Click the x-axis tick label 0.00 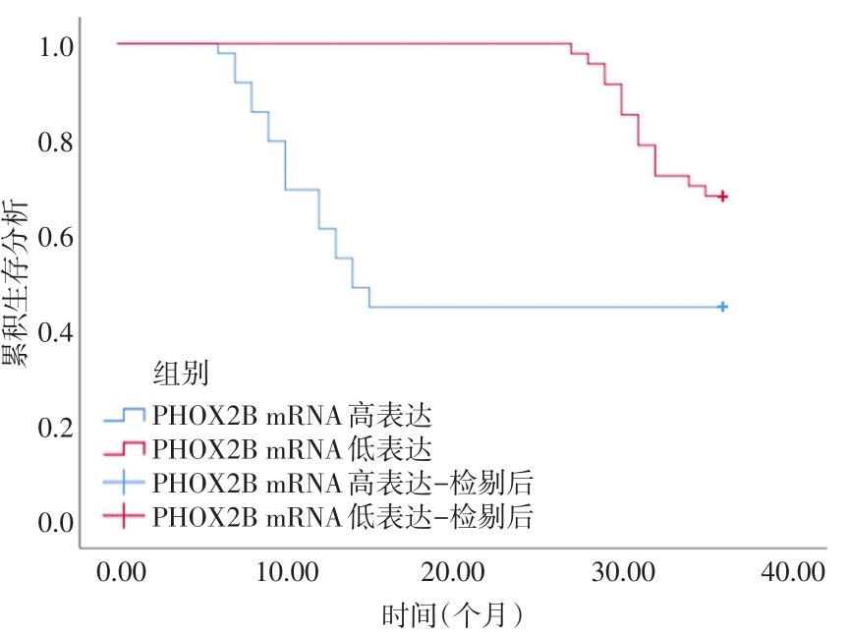(119, 572)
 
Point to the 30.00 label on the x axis (623, 572)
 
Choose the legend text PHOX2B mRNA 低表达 (292, 449)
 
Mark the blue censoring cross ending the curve (723, 307)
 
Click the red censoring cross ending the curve (723, 197)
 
